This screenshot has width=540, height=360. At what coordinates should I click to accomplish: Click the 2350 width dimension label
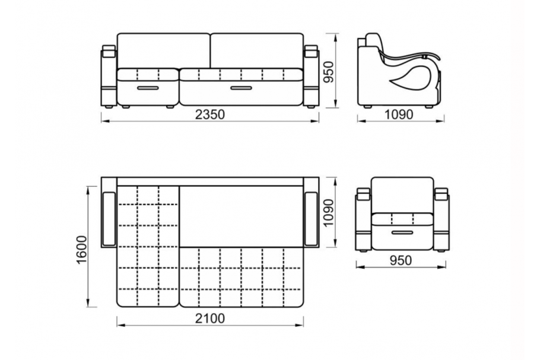pyautogui.click(x=209, y=114)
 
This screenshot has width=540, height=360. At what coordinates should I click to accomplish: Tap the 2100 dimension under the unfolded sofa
pyautogui.click(x=209, y=318)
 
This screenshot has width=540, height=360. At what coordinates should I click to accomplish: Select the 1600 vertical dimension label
pyautogui.click(x=82, y=250)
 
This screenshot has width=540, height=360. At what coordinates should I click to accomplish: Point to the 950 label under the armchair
pyautogui.click(x=401, y=260)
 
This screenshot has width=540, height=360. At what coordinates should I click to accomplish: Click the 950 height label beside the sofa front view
pyautogui.click(x=329, y=72)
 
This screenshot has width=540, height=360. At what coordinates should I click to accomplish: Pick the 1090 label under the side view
pyautogui.click(x=398, y=114)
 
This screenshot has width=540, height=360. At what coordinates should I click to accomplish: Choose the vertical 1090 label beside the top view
pyautogui.click(x=329, y=212)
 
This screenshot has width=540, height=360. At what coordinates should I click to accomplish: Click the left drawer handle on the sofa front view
pyautogui.click(x=148, y=88)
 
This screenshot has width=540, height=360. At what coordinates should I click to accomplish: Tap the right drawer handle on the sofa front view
pyautogui.click(x=242, y=88)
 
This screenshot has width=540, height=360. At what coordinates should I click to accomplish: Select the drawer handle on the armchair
pyautogui.click(x=402, y=232)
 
